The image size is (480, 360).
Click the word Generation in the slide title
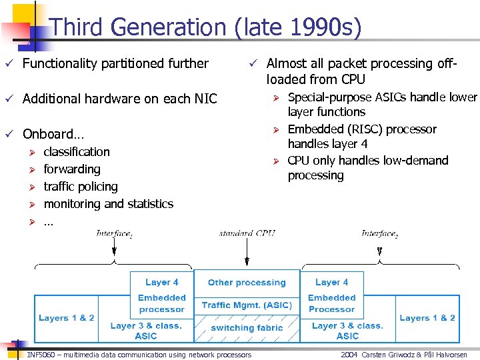(169, 27)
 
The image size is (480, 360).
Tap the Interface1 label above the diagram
(114, 233)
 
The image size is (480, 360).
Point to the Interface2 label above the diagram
(379, 233)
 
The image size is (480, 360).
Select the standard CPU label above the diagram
(247, 233)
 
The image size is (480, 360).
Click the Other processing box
(247, 283)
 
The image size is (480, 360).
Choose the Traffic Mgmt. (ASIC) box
(247, 305)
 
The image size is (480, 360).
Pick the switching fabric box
(247, 327)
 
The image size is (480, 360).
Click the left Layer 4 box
(162, 282)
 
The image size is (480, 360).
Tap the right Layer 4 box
(331, 282)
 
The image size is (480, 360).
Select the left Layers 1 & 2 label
(67, 318)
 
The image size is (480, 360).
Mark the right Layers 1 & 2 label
(427, 318)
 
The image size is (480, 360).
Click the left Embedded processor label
(162, 303)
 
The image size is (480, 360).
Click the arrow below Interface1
(114, 248)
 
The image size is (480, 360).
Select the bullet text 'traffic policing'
(81, 187)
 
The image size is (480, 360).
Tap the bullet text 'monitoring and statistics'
(108, 204)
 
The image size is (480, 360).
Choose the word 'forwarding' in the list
(72, 169)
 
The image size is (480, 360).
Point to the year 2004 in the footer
(349, 355)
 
